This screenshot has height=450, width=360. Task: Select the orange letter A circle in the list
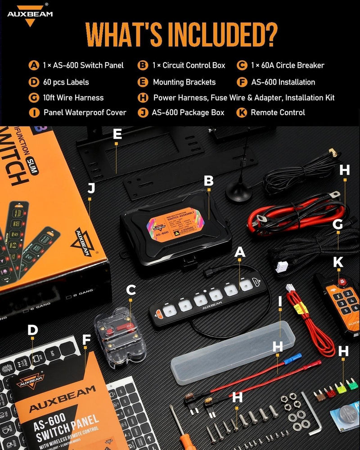34,66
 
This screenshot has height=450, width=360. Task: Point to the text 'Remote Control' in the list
278,112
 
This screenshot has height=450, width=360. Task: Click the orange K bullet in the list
242,112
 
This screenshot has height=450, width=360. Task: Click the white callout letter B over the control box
208,181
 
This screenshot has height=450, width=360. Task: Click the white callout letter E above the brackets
117,134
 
